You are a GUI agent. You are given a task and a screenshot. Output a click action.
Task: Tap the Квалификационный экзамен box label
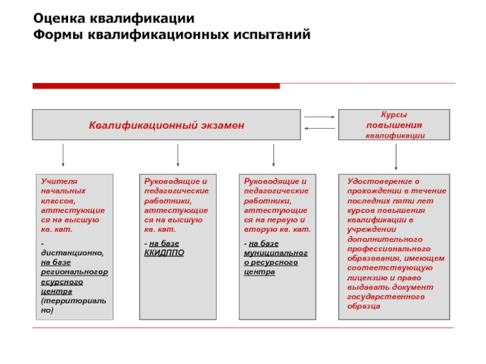[x=166, y=125]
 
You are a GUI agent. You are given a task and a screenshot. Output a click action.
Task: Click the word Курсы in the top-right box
[x=394, y=115]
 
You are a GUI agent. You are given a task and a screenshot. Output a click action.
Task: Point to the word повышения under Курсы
[x=394, y=125]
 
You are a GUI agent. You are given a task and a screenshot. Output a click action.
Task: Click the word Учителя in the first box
[x=55, y=181]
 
